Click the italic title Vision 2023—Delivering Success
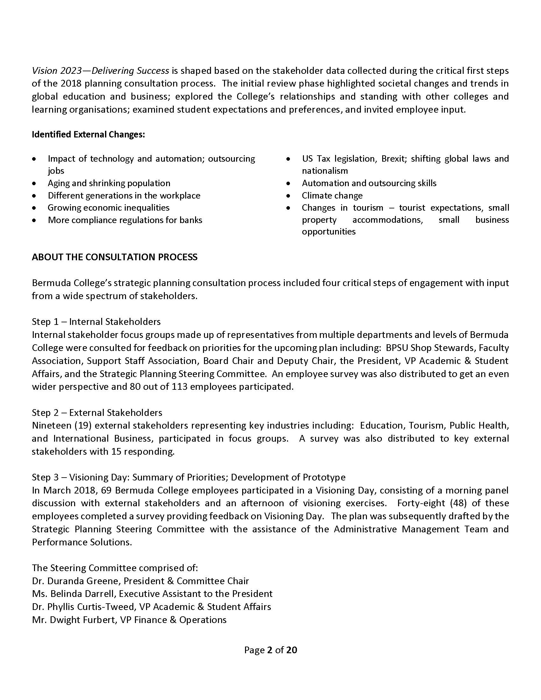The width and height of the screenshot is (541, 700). [100, 71]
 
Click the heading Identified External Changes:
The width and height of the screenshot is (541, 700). [88, 134]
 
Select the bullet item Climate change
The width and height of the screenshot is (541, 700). [332, 195]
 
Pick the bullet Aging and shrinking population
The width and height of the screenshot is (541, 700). [109, 183]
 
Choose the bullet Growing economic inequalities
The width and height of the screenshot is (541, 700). [108, 208]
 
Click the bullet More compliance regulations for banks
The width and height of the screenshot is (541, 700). [125, 220]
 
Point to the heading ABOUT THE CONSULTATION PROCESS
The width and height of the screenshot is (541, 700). [115, 257]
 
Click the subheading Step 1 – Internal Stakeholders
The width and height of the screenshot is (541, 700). [96, 321]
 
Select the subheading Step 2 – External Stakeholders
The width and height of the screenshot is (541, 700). [97, 412]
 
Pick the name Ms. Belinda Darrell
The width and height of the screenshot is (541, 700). [74, 594]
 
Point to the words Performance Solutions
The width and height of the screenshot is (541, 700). [82, 542]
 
